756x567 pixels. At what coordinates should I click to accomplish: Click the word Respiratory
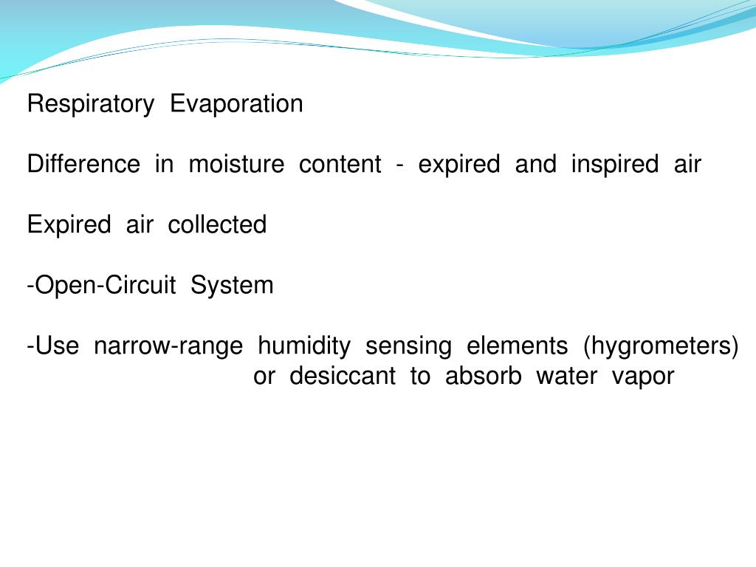tap(89, 104)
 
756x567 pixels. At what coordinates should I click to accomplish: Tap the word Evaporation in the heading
tap(236, 104)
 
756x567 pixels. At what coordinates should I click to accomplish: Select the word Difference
tap(83, 165)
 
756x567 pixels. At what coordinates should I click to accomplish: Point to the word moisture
tap(236, 165)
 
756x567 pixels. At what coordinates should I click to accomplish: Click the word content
tap(340, 165)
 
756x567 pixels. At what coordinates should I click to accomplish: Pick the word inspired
tap(615, 165)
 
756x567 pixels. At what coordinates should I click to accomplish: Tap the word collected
tap(217, 225)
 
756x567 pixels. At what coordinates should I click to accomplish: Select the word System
tap(232, 286)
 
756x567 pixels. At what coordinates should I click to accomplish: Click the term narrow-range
tap(168, 346)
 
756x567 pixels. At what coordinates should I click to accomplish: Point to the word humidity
tap(304, 346)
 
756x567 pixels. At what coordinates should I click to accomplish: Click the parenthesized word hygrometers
tap(661, 346)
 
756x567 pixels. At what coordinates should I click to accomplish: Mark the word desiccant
tap(343, 377)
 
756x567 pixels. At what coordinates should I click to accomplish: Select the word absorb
tap(483, 377)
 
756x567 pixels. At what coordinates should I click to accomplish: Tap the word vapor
tap(643, 377)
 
